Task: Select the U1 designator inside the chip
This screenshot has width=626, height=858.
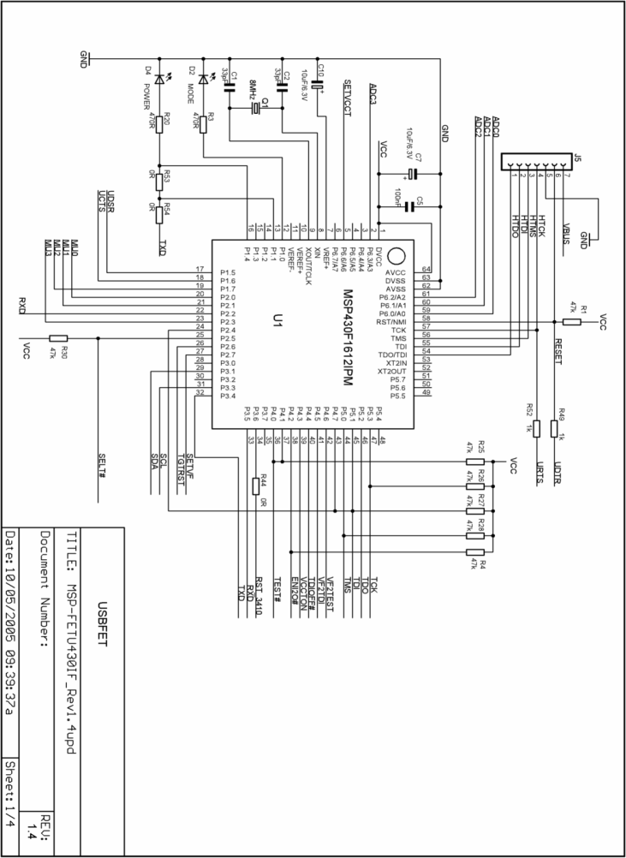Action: (x=277, y=321)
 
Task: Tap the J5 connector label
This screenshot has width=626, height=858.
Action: (x=576, y=158)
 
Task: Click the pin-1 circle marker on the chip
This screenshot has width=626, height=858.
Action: (x=395, y=256)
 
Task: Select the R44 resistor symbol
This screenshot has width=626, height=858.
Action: (x=255, y=486)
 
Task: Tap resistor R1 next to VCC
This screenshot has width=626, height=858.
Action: (x=572, y=321)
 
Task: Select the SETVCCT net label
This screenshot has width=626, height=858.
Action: (x=347, y=102)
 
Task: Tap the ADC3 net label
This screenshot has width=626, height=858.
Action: (x=372, y=95)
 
